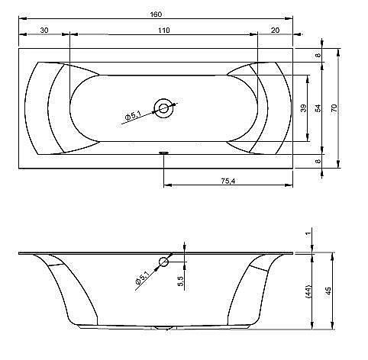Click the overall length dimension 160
(156, 14)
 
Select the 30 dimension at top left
(44, 31)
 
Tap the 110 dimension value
(164, 31)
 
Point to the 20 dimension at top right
(275, 31)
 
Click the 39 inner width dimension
(303, 108)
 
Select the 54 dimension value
(318, 108)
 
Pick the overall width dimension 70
(334, 108)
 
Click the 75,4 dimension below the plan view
(228, 181)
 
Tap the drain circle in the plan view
(163, 108)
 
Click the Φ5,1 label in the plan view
(133, 116)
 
